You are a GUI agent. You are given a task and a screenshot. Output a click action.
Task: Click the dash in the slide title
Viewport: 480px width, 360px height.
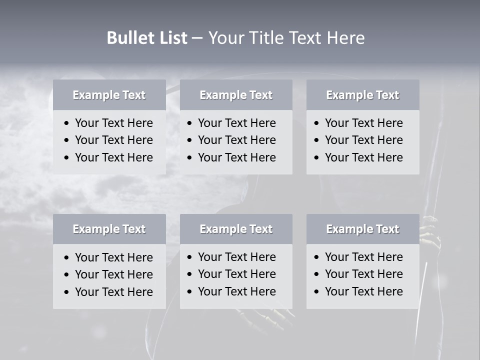coord(197,38)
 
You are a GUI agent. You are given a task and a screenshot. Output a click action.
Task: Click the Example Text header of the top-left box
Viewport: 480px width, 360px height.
coord(109,95)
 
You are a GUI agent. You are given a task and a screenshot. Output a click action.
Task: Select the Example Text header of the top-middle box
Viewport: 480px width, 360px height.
coord(236,95)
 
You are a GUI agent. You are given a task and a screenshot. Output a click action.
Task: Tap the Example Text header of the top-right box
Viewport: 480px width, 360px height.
coord(362,95)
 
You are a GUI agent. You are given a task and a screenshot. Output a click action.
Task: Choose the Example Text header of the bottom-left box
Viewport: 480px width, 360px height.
coord(109,229)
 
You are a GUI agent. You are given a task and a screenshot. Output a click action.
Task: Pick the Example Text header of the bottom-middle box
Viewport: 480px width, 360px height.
coord(236,229)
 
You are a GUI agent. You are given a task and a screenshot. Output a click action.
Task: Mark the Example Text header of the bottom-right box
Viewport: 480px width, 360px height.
coord(362,229)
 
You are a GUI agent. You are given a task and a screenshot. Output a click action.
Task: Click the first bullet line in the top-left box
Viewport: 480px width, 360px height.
coord(113,123)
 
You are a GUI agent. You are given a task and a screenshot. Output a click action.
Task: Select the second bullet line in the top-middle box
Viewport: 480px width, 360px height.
coord(236,140)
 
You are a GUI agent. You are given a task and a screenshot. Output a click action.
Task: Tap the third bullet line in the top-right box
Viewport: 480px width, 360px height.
coord(363,157)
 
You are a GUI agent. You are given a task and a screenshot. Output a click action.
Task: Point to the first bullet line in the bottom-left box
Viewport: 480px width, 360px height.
coord(113,257)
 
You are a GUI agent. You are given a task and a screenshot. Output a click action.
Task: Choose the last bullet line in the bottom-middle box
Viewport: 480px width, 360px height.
coord(236,291)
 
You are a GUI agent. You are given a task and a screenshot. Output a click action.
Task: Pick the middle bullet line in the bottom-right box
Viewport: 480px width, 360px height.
coord(363,274)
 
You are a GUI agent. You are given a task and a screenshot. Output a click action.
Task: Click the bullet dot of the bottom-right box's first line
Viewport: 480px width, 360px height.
coord(317,257)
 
